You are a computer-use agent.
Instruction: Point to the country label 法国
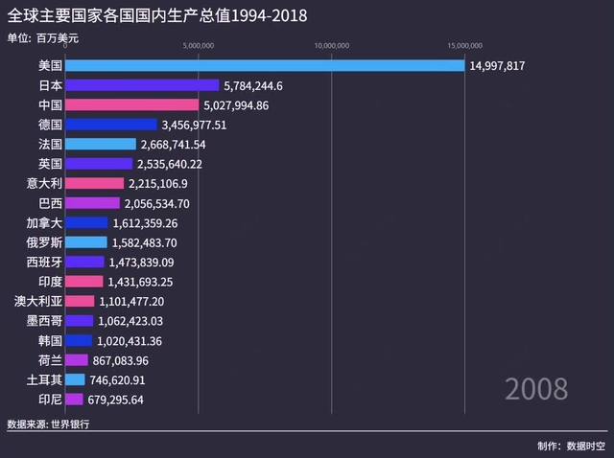click(x=51, y=144)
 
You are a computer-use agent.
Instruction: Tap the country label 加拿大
click(x=45, y=222)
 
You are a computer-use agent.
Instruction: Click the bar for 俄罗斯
click(x=87, y=242)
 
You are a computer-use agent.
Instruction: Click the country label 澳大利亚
click(x=39, y=301)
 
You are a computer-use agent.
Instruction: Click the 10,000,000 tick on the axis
click(x=331, y=44)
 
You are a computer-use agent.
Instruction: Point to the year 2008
click(x=536, y=389)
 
